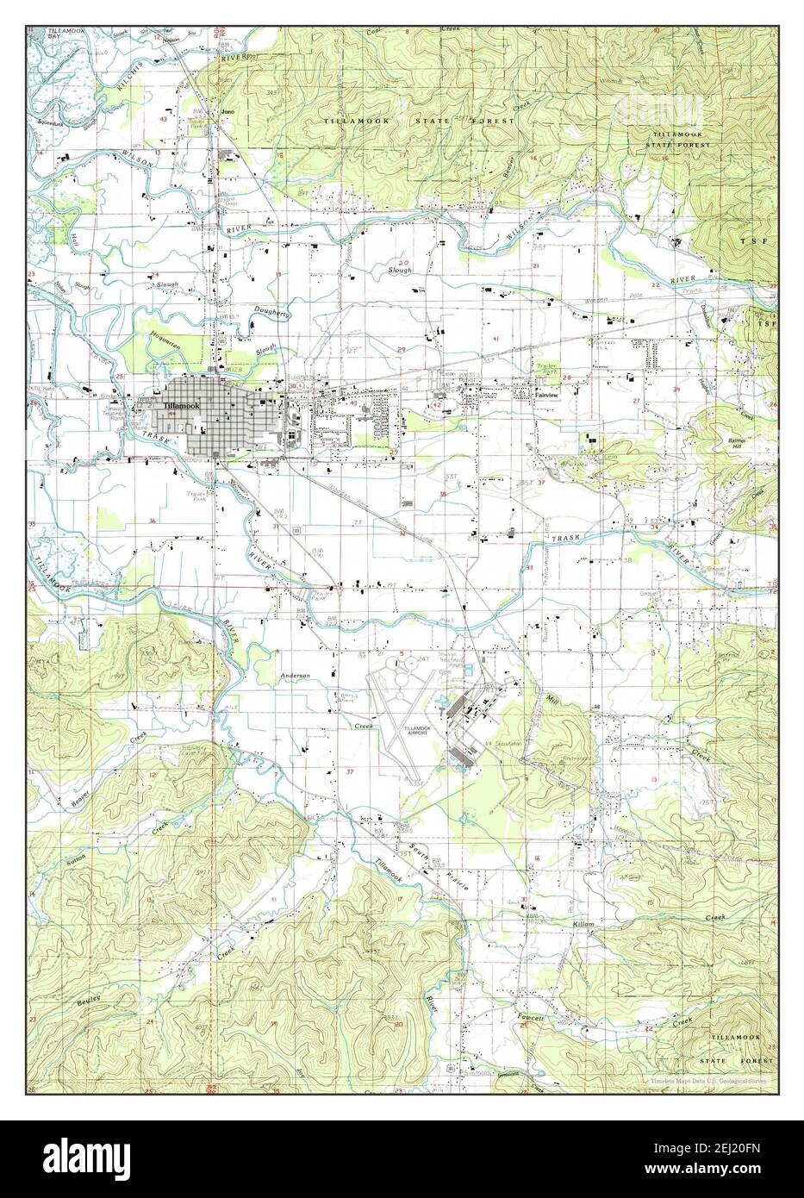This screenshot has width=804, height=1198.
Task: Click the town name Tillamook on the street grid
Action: tap(183, 406)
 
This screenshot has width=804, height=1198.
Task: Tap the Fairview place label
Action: tap(547, 397)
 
